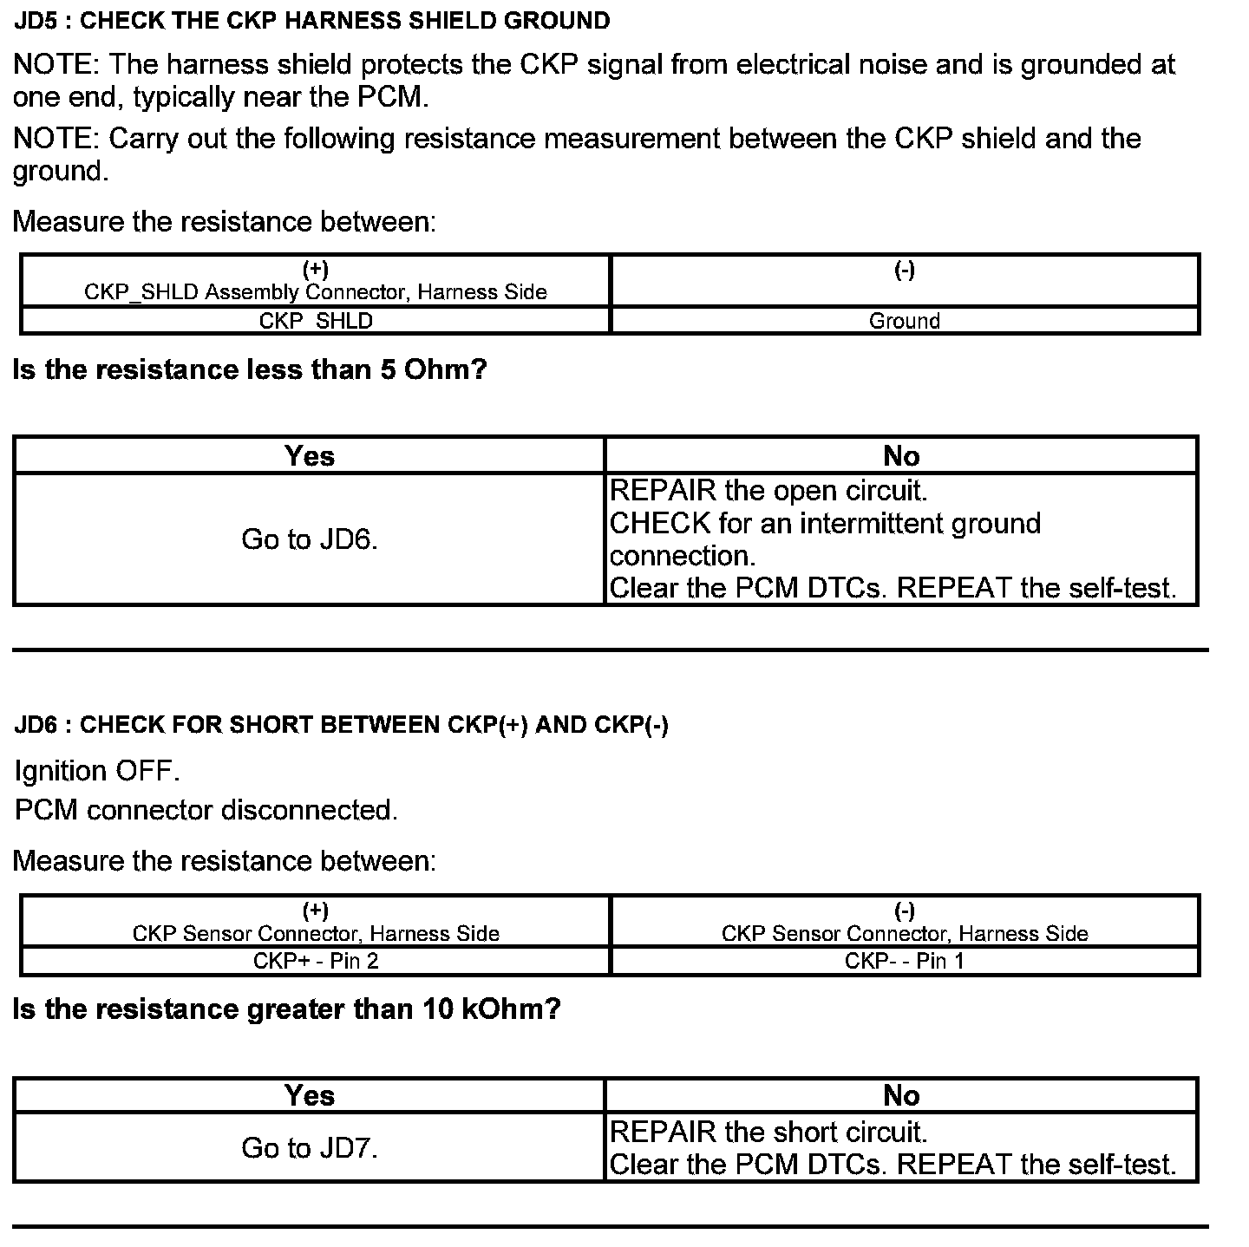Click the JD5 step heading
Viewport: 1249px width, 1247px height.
pyautogui.click(x=312, y=21)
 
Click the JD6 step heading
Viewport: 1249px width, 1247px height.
pyautogui.click(x=342, y=725)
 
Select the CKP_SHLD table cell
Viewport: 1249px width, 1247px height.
pyautogui.click(x=316, y=321)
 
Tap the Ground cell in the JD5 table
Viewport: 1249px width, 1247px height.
pyautogui.click(x=904, y=321)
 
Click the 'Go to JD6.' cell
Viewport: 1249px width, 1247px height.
pyautogui.click(x=310, y=539)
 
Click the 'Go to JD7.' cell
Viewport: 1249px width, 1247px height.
pyautogui.click(x=310, y=1148)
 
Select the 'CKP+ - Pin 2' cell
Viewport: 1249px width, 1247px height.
pyautogui.click(x=316, y=961)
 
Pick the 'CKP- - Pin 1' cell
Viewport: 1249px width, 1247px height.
pyautogui.click(x=904, y=961)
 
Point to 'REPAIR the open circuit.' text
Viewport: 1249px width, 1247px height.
pyautogui.click(x=768, y=491)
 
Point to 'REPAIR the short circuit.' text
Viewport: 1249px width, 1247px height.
pyautogui.click(x=768, y=1132)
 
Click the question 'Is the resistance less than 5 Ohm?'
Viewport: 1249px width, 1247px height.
pyautogui.click(x=250, y=370)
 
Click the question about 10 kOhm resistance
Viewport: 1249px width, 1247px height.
pyautogui.click(x=287, y=1009)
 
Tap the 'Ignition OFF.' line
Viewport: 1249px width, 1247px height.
pyautogui.click(x=97, y=771)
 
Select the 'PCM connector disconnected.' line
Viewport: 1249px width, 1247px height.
pyautogui.click(x=206, y=810)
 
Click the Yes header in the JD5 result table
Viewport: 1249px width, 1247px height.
pyautogui.click(x=310, y=456)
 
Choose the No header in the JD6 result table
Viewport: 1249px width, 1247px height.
pyautogui.click(x=901, y=1096)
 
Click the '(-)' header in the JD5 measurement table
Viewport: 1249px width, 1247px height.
pyautogui.click(x=904, y=271)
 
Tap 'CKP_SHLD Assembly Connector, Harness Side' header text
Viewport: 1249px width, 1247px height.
pyautogui.click(x=316, y=292)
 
